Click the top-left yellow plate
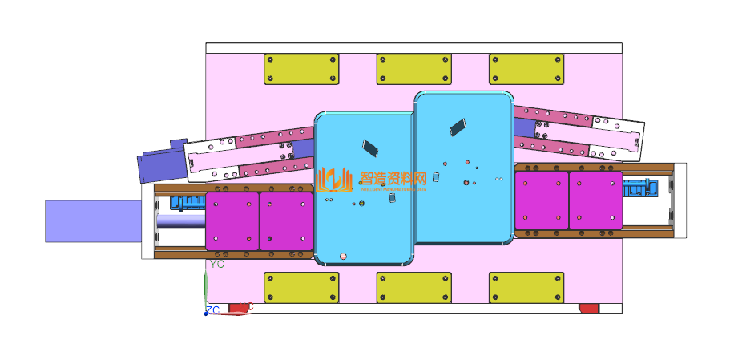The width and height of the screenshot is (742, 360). tap(301, 69)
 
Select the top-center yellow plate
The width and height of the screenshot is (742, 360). tap(413, 69)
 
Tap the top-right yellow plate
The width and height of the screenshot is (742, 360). tap(526, 69)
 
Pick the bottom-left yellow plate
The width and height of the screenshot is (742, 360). tap(301, 287)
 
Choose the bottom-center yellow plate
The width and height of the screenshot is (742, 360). tap(413, 287)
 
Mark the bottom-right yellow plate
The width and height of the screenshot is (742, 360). tap(526, 287)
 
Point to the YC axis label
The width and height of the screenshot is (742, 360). tap(216, 264)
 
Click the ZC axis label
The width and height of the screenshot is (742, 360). tap(212, 309)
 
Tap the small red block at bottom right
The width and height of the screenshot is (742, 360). tap(589, 309)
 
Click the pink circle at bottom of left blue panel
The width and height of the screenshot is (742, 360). tap(343, 256)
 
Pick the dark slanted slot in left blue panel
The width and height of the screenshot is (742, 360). tap(370, 148)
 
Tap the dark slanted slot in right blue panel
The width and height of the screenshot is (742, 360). tap(457, 125)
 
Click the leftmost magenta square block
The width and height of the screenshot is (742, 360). tap(232, 220)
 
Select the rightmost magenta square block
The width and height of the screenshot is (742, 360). tap(595, 200)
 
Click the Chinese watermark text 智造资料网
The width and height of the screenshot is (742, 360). tap(393, 178)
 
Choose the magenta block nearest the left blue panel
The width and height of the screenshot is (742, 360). tap(286, 220)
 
